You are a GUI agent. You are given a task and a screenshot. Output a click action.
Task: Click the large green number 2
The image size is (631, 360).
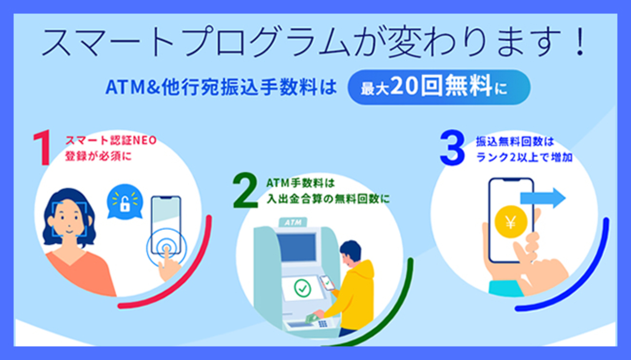(246, 191)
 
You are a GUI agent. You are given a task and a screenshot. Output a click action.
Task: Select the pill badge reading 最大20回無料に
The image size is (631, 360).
(439, 87)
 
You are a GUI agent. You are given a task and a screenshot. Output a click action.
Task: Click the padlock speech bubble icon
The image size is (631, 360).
(125, 201)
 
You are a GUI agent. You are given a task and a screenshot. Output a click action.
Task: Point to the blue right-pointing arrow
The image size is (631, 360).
(543, 198)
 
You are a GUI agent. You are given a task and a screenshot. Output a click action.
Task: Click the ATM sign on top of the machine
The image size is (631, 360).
(291, 223)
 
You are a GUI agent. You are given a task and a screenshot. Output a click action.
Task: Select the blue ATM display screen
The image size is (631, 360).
(297, 248)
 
